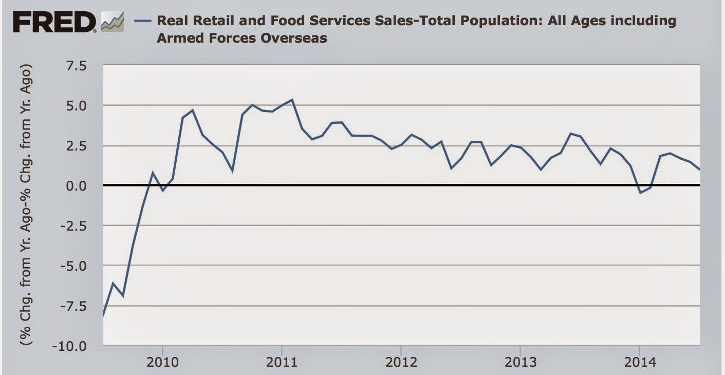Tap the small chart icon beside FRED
113,22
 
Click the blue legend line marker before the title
142,21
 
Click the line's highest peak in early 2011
292,100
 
